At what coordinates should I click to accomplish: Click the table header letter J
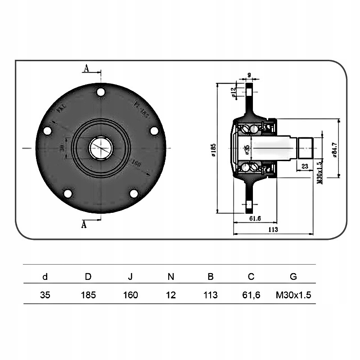[130, 277]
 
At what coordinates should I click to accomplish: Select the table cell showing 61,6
[251, 295]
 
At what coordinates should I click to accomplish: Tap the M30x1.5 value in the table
[293, 295]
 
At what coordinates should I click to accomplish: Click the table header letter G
[293, 277]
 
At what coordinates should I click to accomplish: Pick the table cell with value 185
[88, 295]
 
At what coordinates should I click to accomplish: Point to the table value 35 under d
[45, 295]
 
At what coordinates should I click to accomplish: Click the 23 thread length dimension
[305, 166]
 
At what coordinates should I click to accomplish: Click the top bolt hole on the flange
[101, 92]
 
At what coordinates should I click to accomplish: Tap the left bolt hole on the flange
[47, 131]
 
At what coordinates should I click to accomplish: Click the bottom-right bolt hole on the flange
[134, 193]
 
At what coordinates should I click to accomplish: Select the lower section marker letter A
[83, 225]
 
